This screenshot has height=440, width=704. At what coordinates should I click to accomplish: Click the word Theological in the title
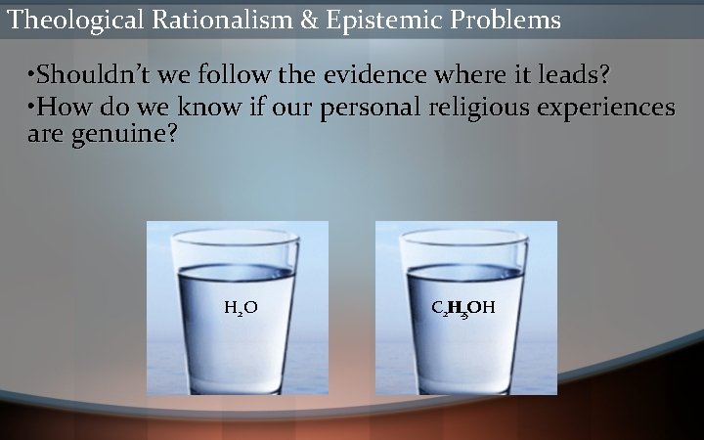pos(75,19)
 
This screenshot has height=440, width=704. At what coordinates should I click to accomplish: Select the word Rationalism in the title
pos(221,19)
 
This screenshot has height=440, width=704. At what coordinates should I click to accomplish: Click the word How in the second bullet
pos(59,107)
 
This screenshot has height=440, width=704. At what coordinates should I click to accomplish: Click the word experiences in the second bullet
pos(606,108)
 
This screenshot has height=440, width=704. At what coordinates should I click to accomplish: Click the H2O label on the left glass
pos(241,309)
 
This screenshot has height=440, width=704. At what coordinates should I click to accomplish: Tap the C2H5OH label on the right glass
pos(463,309)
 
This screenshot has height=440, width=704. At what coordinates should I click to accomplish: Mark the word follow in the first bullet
pos(233,74)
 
